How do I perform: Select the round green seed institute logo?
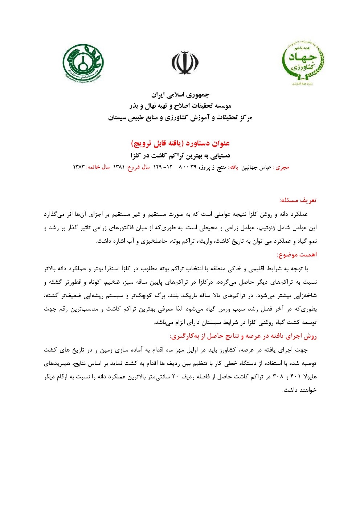click(x=83, y=62)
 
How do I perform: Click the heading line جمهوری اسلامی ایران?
click(x=180, y=95)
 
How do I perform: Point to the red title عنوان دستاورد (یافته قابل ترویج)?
click(x=180, y=143)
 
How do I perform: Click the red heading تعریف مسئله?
click(x=298, y=200)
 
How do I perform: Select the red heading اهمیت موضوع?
click(x=296, y=255)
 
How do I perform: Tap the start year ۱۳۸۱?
click(x=119, y=167)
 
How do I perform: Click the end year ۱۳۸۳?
click(x=79, y=167)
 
